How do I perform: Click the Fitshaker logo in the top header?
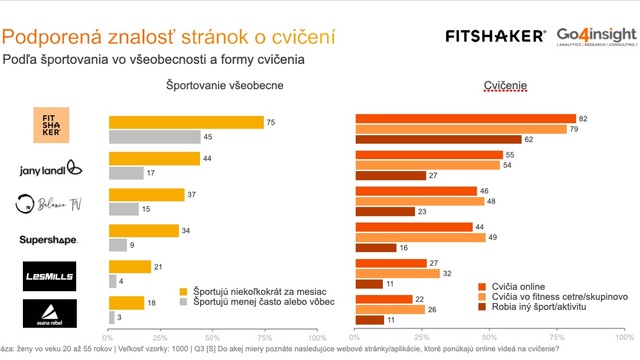tap(496, 35)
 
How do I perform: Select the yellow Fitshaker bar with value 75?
tap(186, 122)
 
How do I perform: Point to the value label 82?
tap(583, 118)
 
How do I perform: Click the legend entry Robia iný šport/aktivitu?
tap(540, 308)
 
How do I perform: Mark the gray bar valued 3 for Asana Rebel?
tap(111, 317)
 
